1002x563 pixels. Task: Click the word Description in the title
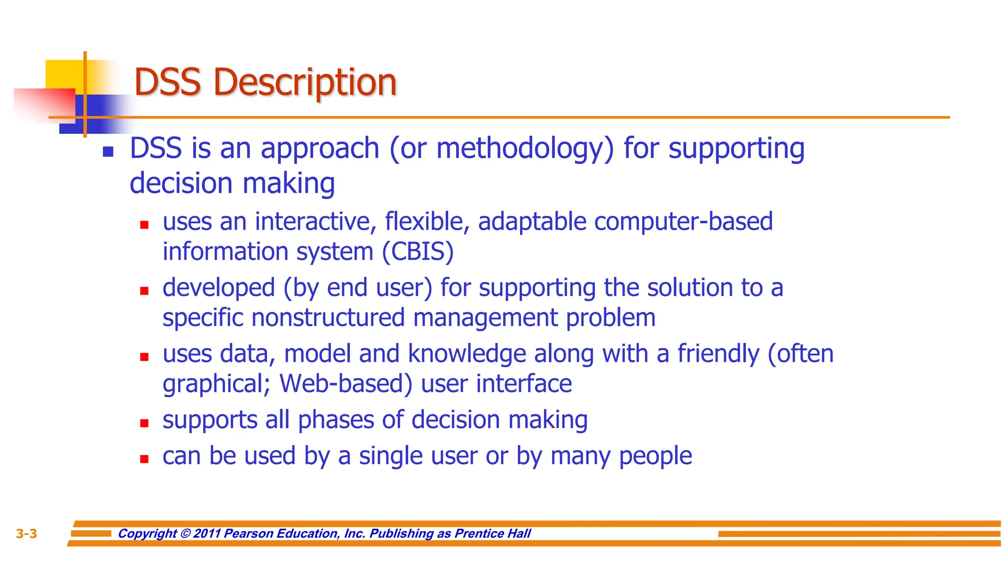click(305, 82)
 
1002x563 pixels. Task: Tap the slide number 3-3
click(26, 534)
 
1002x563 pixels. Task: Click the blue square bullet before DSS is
click(108, 152)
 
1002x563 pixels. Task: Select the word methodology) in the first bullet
click(524, 149)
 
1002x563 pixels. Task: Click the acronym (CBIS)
click(418, 252)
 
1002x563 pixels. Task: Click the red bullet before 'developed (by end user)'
click(144, 291)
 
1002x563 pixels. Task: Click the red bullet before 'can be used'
click(144, 459)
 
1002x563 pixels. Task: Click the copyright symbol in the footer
click(185, 534)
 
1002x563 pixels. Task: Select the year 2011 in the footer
click(207, 534)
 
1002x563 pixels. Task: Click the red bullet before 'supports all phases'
click(144, 423)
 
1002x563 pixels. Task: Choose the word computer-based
click(683, 222)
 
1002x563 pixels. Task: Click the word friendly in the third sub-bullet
click(718, 354)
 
